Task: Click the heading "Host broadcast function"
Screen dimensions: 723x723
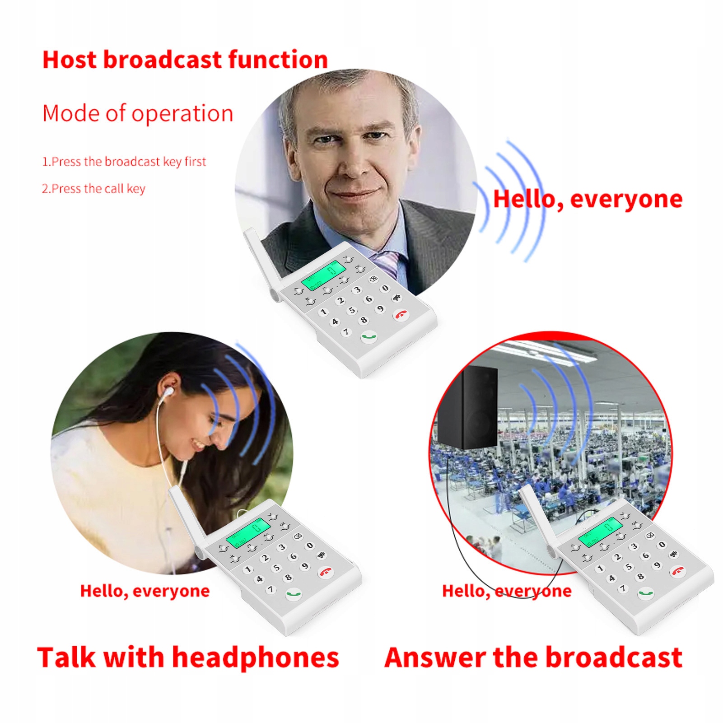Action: [x=185, y=60]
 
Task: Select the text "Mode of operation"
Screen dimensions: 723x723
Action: [x=138, y=113]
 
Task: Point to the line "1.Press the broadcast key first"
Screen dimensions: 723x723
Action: [x=124, y=162]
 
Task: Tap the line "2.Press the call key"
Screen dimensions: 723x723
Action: [x=94, y=189]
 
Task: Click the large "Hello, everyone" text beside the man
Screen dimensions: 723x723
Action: [x=588, y=200]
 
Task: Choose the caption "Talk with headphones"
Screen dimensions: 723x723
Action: [x=188, y=658]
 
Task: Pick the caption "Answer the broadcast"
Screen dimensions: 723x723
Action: [x=533, y=657]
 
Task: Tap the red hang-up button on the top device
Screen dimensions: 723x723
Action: [x=401, y=314]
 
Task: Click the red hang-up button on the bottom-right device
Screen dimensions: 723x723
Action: [x=678, y=571]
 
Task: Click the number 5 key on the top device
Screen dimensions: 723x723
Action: [x=351, y=310]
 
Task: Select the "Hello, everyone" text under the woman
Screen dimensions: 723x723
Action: [x=145, y=591]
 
